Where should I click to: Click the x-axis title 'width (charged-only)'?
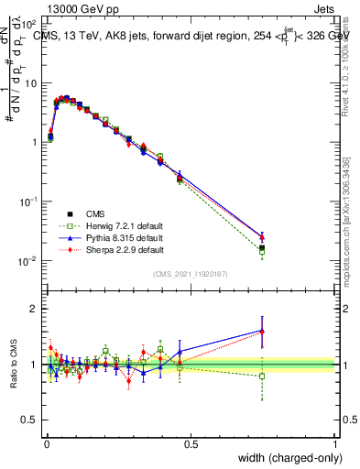click(x=284, y=457)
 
